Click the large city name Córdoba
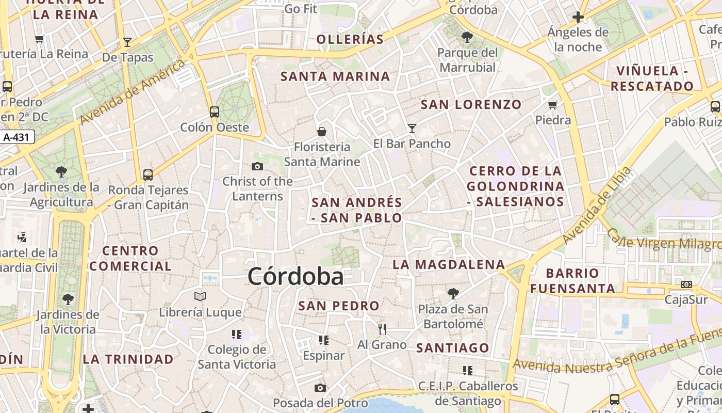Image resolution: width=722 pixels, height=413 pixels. pos(296,277)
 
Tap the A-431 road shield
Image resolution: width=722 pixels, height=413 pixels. pos(18,137)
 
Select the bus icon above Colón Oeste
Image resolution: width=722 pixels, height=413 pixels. pos(214,112)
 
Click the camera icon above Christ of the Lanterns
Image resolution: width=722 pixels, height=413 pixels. pos(257,166)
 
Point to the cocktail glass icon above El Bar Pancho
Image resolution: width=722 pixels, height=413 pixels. pos(412,128)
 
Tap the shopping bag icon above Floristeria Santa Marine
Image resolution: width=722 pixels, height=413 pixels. pos(322,132)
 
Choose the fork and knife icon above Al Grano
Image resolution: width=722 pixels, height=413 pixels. pos(382,329)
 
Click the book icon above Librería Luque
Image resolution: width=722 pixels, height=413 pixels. pos(200,297)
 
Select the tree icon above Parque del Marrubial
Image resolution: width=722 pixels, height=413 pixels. pos(467,37)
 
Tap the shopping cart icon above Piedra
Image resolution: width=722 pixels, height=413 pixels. pos(553,105)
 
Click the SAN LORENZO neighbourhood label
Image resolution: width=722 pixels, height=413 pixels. pos(471,105)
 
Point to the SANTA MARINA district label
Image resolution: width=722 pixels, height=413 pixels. pos(335,77)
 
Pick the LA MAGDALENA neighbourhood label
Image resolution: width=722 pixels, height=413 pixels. pos(449,265)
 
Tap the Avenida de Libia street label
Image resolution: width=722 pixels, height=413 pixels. pos(597,205)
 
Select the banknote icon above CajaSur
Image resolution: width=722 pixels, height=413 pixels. pos(686,284)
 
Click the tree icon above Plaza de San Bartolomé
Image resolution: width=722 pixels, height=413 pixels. pos(453,294)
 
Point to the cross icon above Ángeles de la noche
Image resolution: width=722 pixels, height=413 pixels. pos(578,18)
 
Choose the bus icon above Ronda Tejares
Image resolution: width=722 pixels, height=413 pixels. pos(148,174)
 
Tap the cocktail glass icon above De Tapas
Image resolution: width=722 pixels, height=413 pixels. pos(127,42)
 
